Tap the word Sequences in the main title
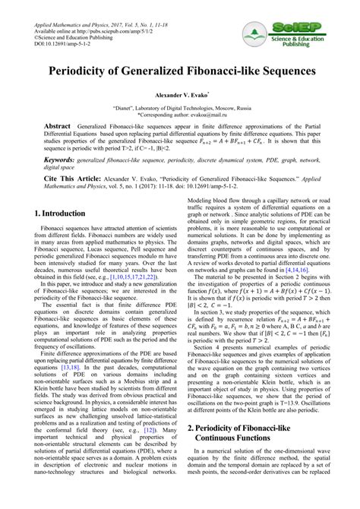pos(283,72)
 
